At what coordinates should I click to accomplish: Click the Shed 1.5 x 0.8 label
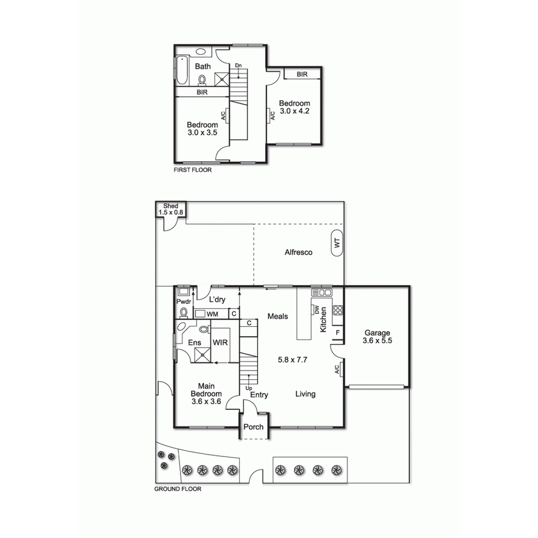pyautogui.click(x=170, y=209)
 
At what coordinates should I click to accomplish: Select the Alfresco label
pyautogui.click(x=298, y=252)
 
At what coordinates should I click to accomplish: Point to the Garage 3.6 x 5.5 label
pyautogui.click(x=377, y=337)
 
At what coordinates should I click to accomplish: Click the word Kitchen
pyautogui.click(x=323, y=319)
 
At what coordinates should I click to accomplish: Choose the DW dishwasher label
pyautogui.click(x=316, y=309)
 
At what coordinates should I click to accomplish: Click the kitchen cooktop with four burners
pyautogui.click(x=338, y=309)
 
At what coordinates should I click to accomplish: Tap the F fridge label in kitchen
pyautogui.click(x=337, y=332)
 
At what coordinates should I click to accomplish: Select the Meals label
pyautogui.click(x=278, y=316)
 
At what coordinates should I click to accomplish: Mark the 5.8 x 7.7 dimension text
pyautogui.click(x=293, y=359)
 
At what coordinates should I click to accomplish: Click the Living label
pyautogui.click(x=305, y=394)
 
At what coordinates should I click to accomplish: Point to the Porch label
pyautogui.click(x=253, y=427)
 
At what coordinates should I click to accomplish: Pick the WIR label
pyautogui.click(x=220, y=342)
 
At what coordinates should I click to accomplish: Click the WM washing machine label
pyautogui.click(x=212, y=314)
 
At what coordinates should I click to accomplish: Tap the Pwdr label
pyautogui.click(x=183, y=301)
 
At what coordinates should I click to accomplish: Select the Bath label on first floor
pyautogui.click(x=202, y=66)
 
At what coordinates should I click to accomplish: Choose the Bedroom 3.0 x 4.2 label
pyautogui.click(x=294, y=107)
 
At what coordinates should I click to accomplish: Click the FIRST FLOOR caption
pyautogui.click(x=192, y=169)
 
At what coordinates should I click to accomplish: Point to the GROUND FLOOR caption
pyautogui.click(x=177, y=489)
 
